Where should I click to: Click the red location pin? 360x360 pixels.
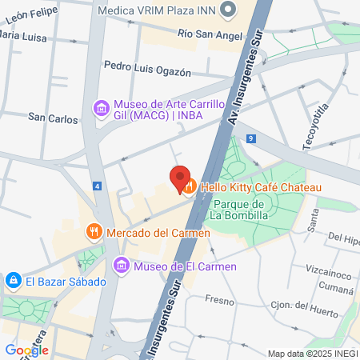tap(179, 178)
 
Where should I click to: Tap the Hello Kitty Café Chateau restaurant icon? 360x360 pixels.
tap(190, 188)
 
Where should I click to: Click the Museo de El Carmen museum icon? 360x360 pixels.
tap(121, 265)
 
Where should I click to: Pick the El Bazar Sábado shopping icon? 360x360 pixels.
tap(14, 281)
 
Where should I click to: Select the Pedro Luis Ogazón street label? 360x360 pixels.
tap(148, 70)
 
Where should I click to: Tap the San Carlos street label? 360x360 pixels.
tap(53, 118)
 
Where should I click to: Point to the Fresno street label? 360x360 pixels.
tap(218, 300)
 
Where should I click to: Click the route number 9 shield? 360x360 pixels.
tap(251, 138)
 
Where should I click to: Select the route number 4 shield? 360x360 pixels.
tap(97, 186)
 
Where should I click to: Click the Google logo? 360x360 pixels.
tap(26, 350)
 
